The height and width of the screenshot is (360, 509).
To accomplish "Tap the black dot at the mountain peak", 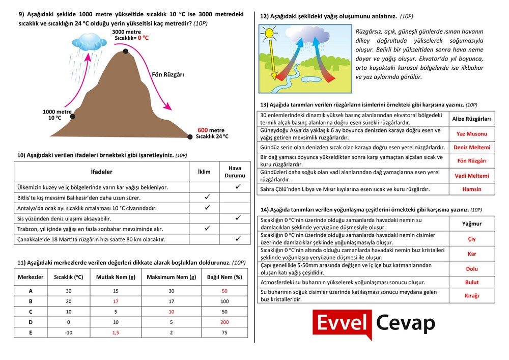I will [125, 51].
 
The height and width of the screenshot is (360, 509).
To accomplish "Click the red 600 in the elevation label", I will [203, 130].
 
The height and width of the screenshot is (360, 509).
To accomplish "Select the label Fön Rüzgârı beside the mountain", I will [167, 74].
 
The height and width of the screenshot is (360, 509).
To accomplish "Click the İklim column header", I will [204, 172].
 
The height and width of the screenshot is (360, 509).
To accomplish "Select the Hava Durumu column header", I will [235, 172].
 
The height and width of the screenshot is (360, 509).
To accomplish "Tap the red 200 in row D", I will [224, 322].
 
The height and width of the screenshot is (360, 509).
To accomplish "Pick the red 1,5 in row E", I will [115, 332].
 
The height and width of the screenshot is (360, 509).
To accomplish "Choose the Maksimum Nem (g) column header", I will [171, 278].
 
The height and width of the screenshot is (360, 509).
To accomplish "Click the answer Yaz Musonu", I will [471, 134].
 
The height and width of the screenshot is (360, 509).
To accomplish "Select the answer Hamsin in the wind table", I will [471, 189].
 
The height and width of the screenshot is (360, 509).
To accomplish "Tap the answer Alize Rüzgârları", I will [471, 119].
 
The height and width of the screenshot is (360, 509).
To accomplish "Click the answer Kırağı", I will [471, 295].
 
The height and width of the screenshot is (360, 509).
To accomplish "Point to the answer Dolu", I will [471, 269].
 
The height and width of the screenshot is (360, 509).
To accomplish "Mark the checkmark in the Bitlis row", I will [207, 197].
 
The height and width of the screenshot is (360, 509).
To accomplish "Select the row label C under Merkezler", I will [31, 312].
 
